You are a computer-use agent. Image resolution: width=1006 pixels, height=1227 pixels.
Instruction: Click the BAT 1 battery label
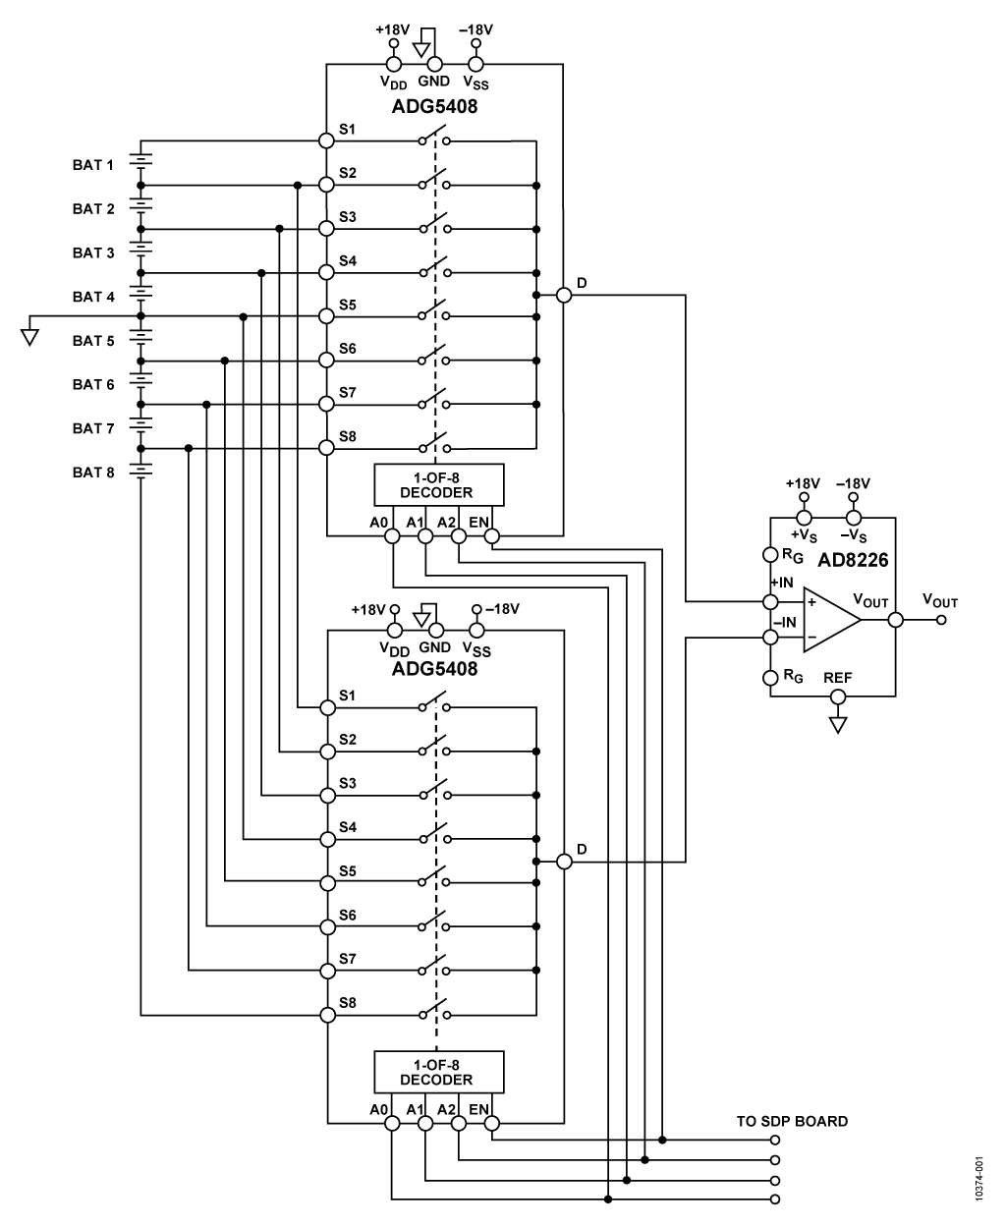coord(93,165)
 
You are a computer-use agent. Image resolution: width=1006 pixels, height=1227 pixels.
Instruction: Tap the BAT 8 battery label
coord(93,473)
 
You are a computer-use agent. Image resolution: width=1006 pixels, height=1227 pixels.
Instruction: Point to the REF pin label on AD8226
coord(838,678)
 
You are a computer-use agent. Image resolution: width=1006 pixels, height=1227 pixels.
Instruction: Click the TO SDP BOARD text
coord(792,1121)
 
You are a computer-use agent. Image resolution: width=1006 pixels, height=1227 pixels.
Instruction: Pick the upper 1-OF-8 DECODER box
coord(438,485)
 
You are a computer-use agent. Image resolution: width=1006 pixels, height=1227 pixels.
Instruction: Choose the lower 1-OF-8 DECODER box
coord(438,1072)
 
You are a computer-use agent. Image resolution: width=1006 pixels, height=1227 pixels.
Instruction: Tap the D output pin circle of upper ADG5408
coord(564,295)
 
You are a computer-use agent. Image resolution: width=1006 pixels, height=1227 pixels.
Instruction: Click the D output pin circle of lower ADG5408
coord(564,862)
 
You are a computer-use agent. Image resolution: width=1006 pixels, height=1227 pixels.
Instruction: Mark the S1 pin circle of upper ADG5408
coord(327,140)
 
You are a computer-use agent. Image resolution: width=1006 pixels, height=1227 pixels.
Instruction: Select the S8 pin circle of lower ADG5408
coord(327,1014)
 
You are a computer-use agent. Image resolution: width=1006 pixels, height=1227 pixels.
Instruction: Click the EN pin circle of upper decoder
coord(492,536)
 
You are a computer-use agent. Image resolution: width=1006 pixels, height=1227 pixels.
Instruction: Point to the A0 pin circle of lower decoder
coord(391,1124)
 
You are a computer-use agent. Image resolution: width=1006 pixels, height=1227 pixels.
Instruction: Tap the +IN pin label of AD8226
coord(782,582)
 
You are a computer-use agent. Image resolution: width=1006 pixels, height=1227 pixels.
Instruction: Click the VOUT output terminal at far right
coord(941,620)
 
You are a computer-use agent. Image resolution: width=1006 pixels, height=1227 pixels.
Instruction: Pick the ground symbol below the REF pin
coord(838,725)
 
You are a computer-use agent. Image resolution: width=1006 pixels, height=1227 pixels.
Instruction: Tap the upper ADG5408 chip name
coord(434,107)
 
